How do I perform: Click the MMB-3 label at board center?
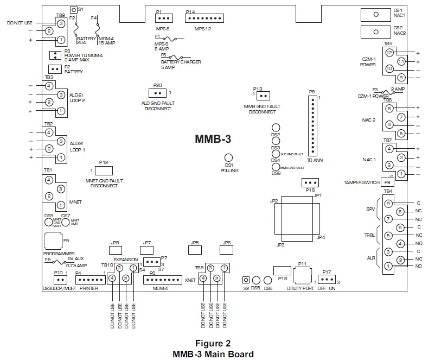(x=213, y=138)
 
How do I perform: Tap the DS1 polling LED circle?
(x=228, y=157)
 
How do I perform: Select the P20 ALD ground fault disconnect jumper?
(x=157, y=93)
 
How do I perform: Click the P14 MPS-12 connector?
(x=200, y=19)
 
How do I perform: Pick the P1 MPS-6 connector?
(x=164, y=19)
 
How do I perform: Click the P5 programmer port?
(x=52, y=239)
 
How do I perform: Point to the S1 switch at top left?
(x=74, y=11)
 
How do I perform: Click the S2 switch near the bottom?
(x=246, y=280)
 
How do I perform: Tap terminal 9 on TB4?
(x=388, y=204)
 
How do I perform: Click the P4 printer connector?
(x=86, y=280)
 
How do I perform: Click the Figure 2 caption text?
(x=213, y=343)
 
